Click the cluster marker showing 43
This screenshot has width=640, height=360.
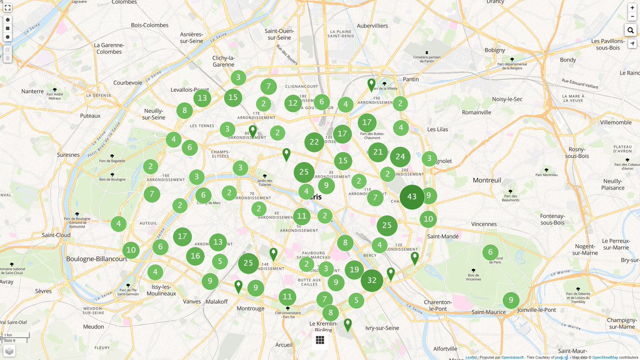click(412, 197)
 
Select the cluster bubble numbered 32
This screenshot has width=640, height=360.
click(372, 281)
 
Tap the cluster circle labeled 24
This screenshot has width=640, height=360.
click(400, 157)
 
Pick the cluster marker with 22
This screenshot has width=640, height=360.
click(314, 142)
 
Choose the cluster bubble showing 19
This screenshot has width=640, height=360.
click(354, 270)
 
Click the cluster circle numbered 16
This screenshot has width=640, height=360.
click(195, 256)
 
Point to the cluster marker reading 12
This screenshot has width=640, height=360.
click(293, 103)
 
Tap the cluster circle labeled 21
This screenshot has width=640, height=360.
click(378, 152)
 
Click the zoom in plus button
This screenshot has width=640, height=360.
click(633, 7)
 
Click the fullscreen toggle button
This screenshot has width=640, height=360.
click(7, 7)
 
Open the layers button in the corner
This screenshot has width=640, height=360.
click(9, 350)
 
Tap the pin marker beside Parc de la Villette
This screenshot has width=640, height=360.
click(371, 84)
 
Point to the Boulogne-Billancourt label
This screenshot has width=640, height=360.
click(97, 259)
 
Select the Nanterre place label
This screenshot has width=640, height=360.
click(32, 91)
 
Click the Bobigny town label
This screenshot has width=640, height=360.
click(494, 50)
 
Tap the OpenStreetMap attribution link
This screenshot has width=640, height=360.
click(604, 357)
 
